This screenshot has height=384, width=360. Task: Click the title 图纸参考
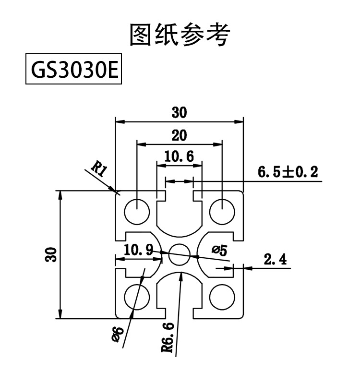tap(180, 35)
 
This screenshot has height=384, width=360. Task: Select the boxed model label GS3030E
tap(72, 71)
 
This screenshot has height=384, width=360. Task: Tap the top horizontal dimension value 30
tap(179, 113)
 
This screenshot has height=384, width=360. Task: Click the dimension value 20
tap(179, 135)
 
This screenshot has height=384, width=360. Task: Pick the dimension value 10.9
tap(139, 250)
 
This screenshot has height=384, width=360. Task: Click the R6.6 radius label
tap(168, 338)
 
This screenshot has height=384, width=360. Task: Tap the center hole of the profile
tap(180, 254)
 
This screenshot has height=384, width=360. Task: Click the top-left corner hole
tap(137, 211)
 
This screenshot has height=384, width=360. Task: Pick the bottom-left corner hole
tap(137, 296)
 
